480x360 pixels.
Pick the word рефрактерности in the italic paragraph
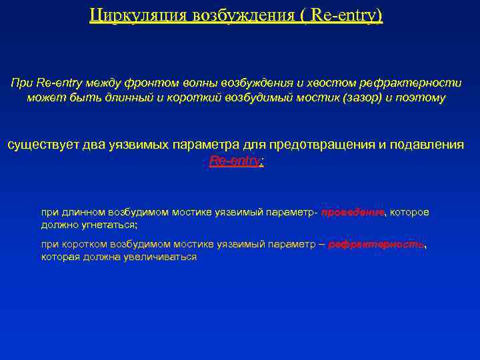pyautogui.click(x=411, y=83)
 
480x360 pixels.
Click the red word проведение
pyautogui.click(x=353, y=212)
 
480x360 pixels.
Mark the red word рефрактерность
pyautogui.click(x=376, y=245)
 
